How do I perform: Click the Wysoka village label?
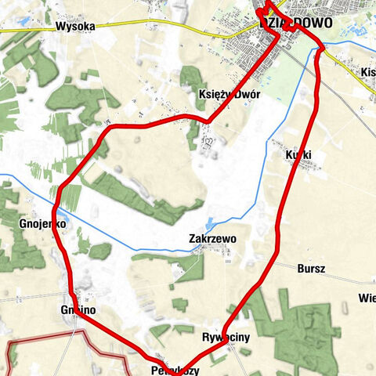[75, 26]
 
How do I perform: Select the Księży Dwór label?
[229, 94]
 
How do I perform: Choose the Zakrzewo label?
[212, 238]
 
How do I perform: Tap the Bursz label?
[311, 268]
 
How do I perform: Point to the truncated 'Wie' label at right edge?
[367, 298]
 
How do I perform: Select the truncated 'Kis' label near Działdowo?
[367, 73]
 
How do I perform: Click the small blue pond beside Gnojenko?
[60, 213]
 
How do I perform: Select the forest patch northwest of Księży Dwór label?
[191, 78]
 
